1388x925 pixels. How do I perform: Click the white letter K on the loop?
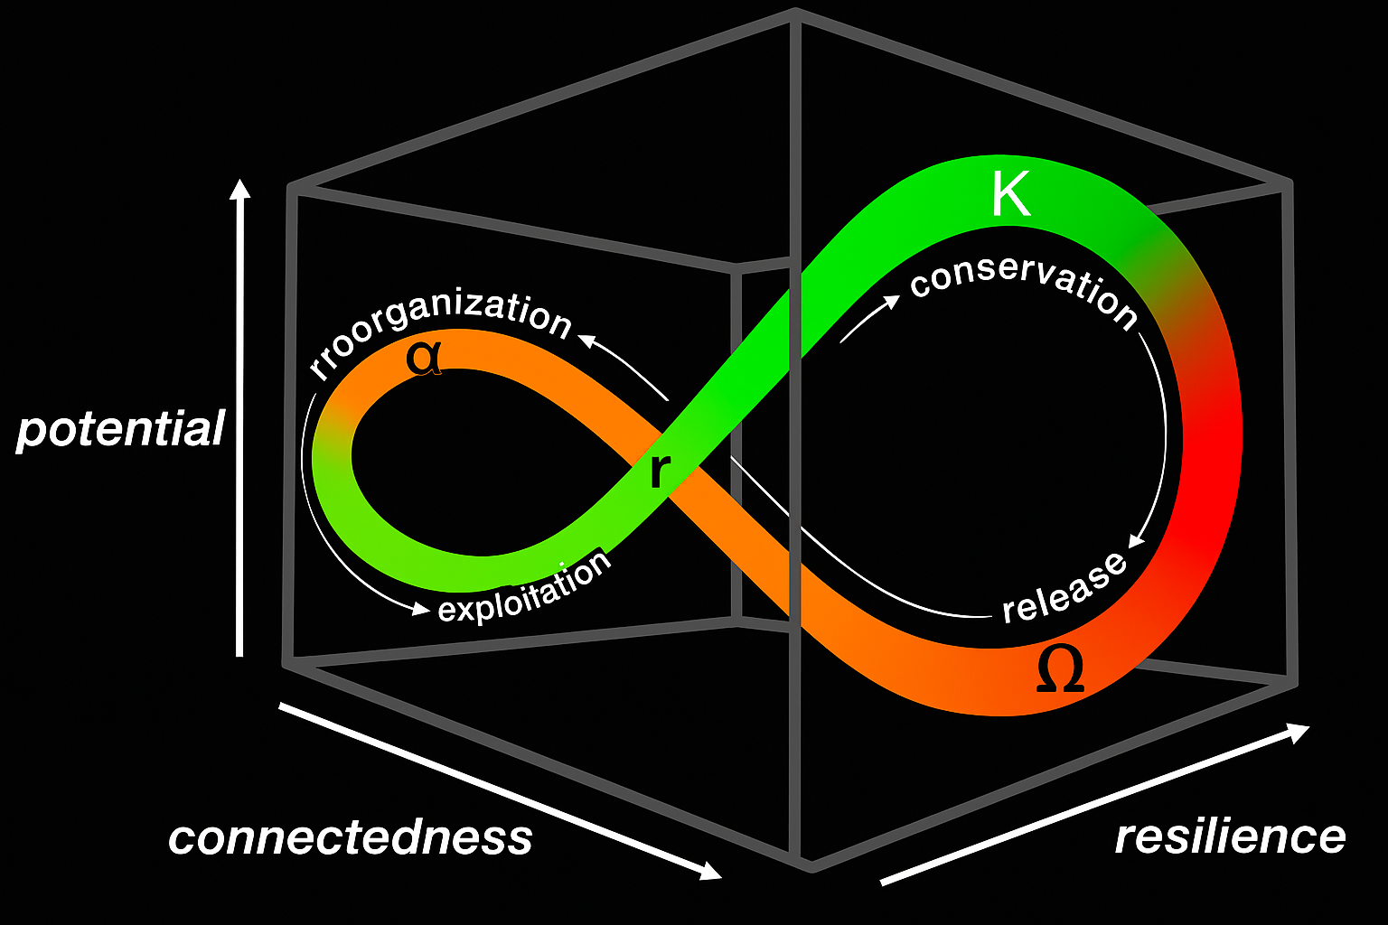pos(1010,194)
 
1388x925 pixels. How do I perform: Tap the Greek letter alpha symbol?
pos(424,358)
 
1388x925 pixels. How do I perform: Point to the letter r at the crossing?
pos(661,471)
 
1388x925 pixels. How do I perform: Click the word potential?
pos(121,429)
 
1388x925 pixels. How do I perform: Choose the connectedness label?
pos(351,837)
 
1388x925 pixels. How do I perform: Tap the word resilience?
pos(1230,836)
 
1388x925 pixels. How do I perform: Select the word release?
pos(1064,587)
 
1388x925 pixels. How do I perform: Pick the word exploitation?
pos(524,589)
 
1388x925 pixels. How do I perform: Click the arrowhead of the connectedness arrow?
pos(710,871)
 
